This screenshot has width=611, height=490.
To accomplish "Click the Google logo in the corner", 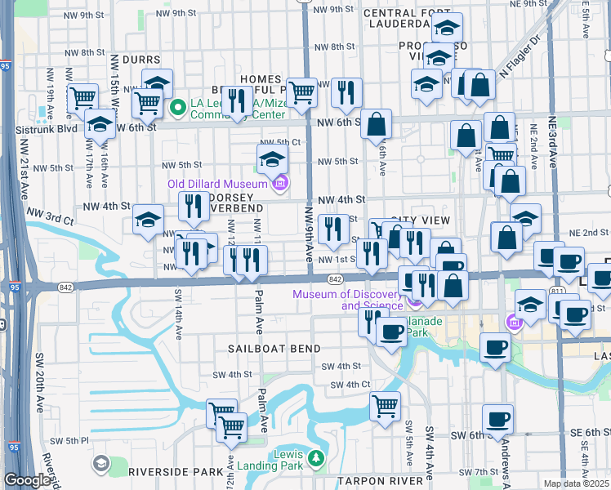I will [x=28, y=481].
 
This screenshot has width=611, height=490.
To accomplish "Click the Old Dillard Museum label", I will [x=221, y=184].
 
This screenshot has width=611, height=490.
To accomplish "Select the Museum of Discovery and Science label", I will [x=349, y=300].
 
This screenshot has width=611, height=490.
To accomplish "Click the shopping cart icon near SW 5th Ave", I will [x=385, y=404].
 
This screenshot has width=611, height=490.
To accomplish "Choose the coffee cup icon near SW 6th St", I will [x=497, y=420].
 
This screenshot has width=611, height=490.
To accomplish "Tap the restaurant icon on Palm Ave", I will [x=252, y=259].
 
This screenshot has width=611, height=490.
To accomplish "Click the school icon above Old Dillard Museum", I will [x=273, y=158].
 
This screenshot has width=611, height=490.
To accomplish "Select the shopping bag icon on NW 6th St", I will [x=376, y=124].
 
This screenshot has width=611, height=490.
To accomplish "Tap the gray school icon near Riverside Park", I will [x=100, y=464].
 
